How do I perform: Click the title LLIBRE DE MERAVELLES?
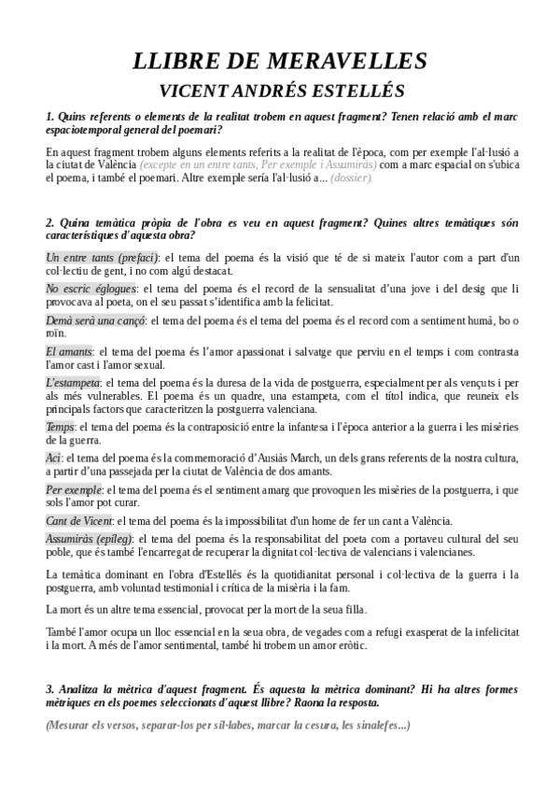click(280, 61)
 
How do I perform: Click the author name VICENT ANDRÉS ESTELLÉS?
click(280, 92)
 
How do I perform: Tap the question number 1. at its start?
click(49, 117)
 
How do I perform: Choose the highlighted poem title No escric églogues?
click(91, 289)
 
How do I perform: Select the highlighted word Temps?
click(60, 427)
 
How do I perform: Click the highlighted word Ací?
click(53, 458)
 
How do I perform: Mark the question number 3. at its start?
click(49, 688)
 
